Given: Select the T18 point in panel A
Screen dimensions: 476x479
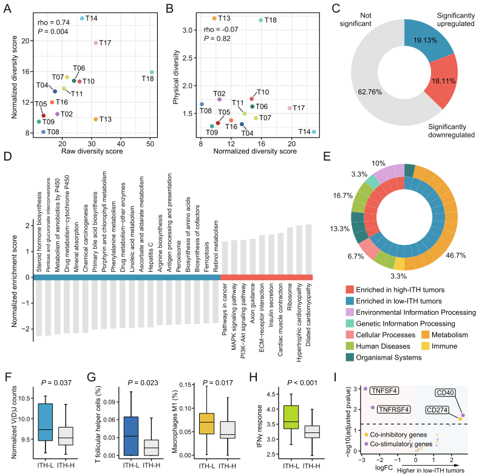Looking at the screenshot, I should [152, 72].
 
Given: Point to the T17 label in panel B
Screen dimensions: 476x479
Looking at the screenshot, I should [297, 108].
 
